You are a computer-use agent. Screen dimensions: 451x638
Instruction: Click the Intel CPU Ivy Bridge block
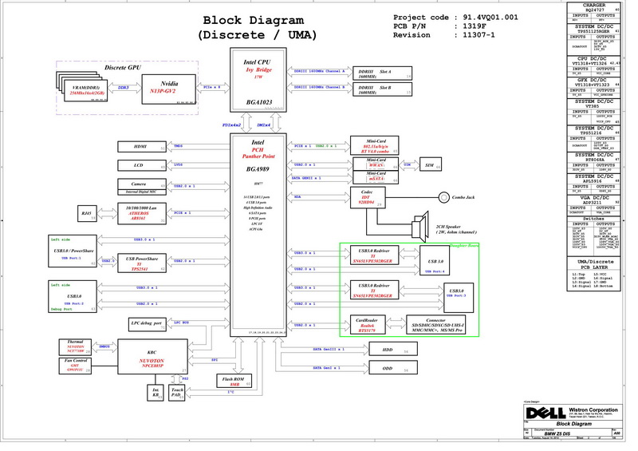point(261,77)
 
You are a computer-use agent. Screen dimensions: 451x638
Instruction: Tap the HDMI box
point(140,147)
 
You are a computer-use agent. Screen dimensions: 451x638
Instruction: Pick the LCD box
point(140,166)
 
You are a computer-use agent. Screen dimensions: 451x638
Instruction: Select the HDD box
point(388,350)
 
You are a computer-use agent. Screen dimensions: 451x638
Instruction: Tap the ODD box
point(388,368)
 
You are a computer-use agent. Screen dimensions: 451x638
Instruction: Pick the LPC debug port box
point(147,323)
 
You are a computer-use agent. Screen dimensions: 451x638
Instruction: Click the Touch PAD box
point(178,392)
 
